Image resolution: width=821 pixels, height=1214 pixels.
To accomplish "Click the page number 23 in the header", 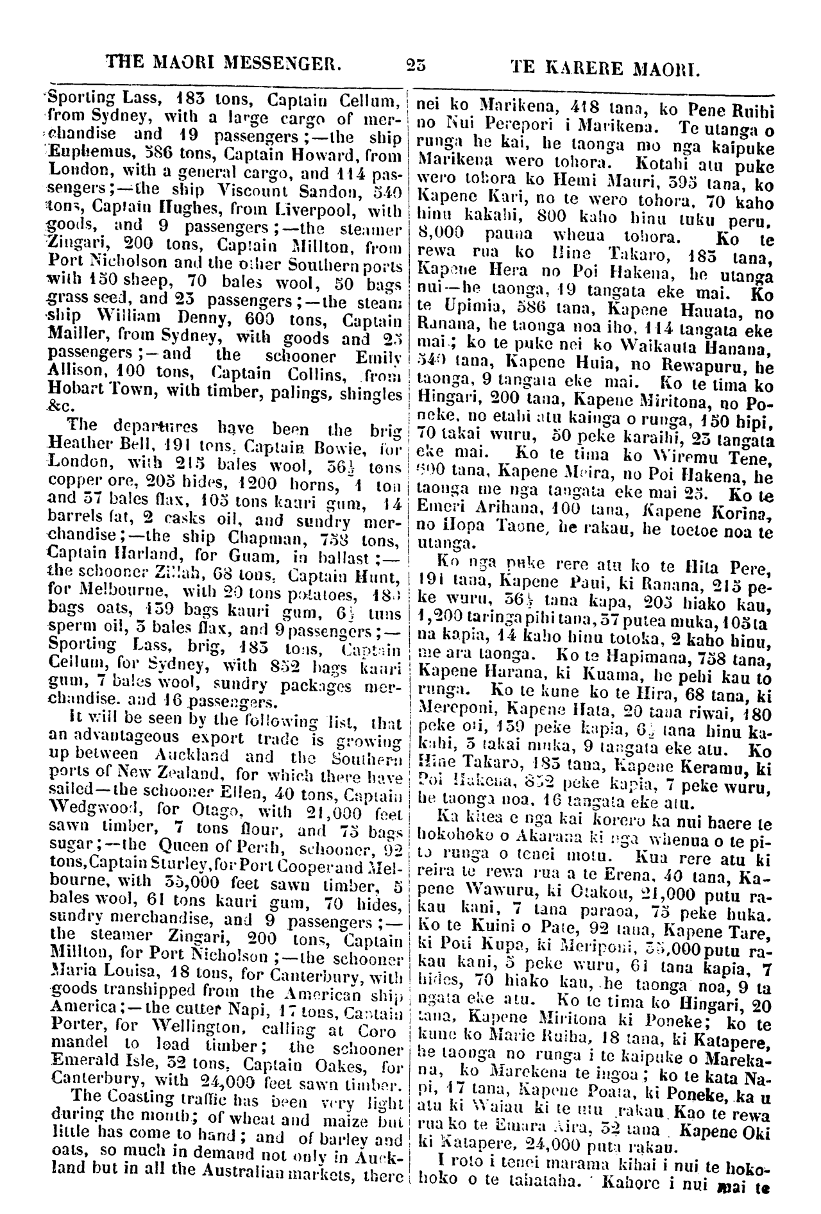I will [416, 64].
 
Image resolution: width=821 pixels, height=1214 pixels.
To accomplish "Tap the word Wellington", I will [190, 1023].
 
